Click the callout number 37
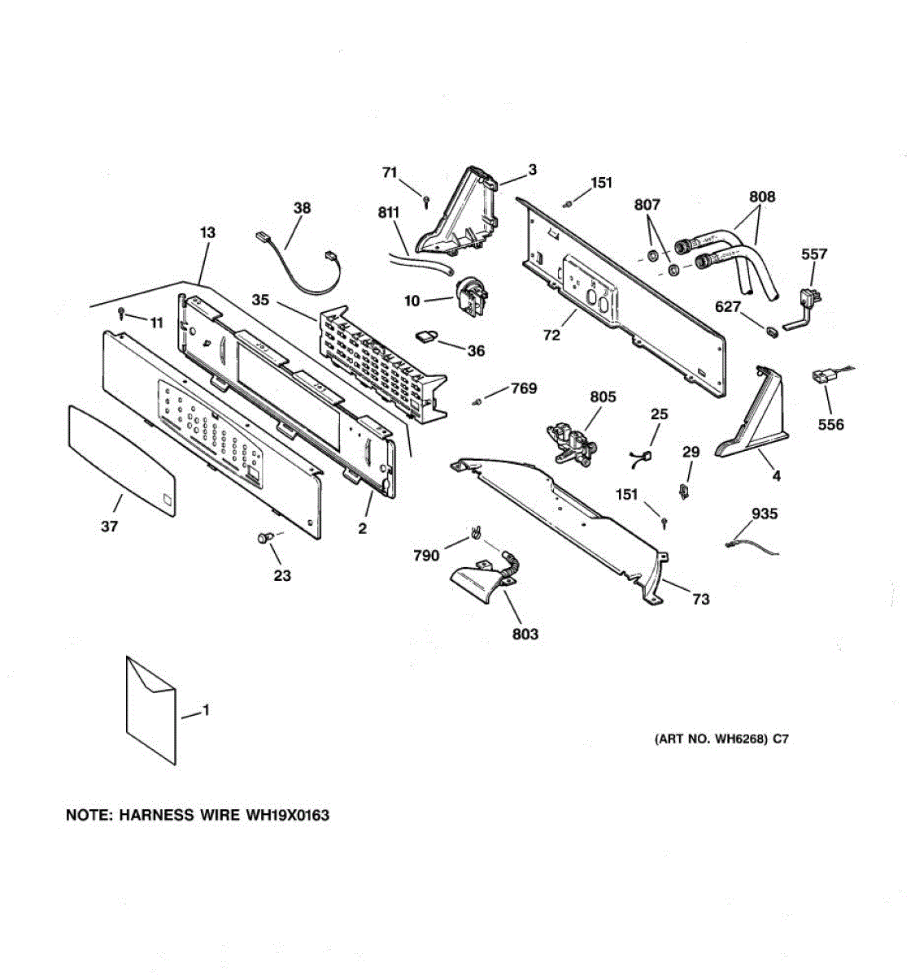coord(110,526)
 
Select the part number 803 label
coord(525,634)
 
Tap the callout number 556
coord(831,424)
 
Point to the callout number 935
coord(765,513)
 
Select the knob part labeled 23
coord(263,538)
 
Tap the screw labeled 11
coord(121,311)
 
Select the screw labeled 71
coord(426,201)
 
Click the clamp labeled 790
coord(473,535)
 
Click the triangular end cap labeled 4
coord(752,422)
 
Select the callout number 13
coord(207,233)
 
